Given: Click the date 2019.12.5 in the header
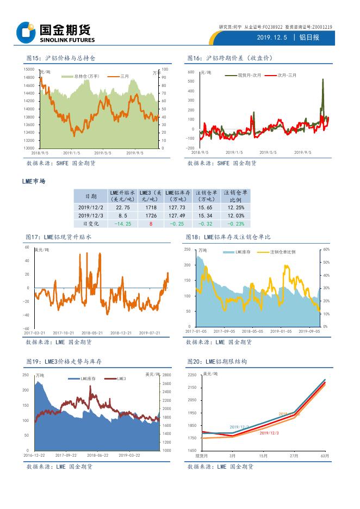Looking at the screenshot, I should click(271, 38).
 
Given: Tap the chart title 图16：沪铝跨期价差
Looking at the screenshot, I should click(229, 58).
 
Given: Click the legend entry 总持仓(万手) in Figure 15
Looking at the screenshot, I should click(84, 77).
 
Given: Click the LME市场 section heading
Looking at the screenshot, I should click(34, 181).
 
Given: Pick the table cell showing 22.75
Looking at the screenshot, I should click(122, 207).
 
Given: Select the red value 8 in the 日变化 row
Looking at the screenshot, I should click(150, 224).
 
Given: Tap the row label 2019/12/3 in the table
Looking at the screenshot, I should click(91, 215).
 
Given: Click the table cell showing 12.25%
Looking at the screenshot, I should click(235, 207).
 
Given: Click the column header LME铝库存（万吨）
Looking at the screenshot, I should click(178, 196).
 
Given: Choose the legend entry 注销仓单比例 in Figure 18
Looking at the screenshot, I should click(283, 252).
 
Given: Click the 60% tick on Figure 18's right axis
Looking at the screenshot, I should click(326, 249).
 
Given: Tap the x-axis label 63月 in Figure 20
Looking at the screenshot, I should click(324, 456).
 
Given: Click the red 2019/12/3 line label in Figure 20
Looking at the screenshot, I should click(269, 432).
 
